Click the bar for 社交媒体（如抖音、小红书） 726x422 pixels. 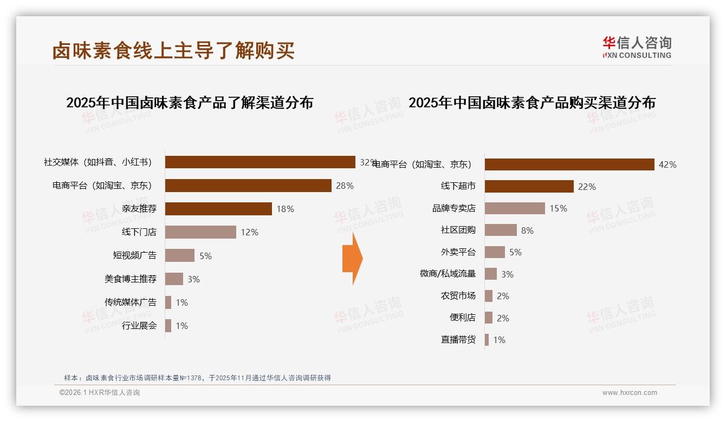pos(260,162)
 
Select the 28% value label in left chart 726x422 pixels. pos(345,186)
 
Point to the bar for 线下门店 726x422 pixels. pos(200,232)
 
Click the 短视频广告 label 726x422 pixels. pos(134,255)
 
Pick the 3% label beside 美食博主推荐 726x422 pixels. pos(193,279)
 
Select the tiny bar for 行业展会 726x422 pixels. pos(168,326)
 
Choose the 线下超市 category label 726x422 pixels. pos(458,186)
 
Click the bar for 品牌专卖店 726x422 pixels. pos(515,208)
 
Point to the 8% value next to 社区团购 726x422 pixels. pos(527,230)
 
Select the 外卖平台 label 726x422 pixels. pos(458,252)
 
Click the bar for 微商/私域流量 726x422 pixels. pos(490,274)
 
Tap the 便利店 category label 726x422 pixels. pos(462,318)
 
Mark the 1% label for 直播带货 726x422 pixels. pos(499,340)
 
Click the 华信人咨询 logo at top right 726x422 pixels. pos(637,47)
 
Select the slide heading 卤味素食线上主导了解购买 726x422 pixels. pos(173,50)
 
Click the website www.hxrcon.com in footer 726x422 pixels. pos(630,393)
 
